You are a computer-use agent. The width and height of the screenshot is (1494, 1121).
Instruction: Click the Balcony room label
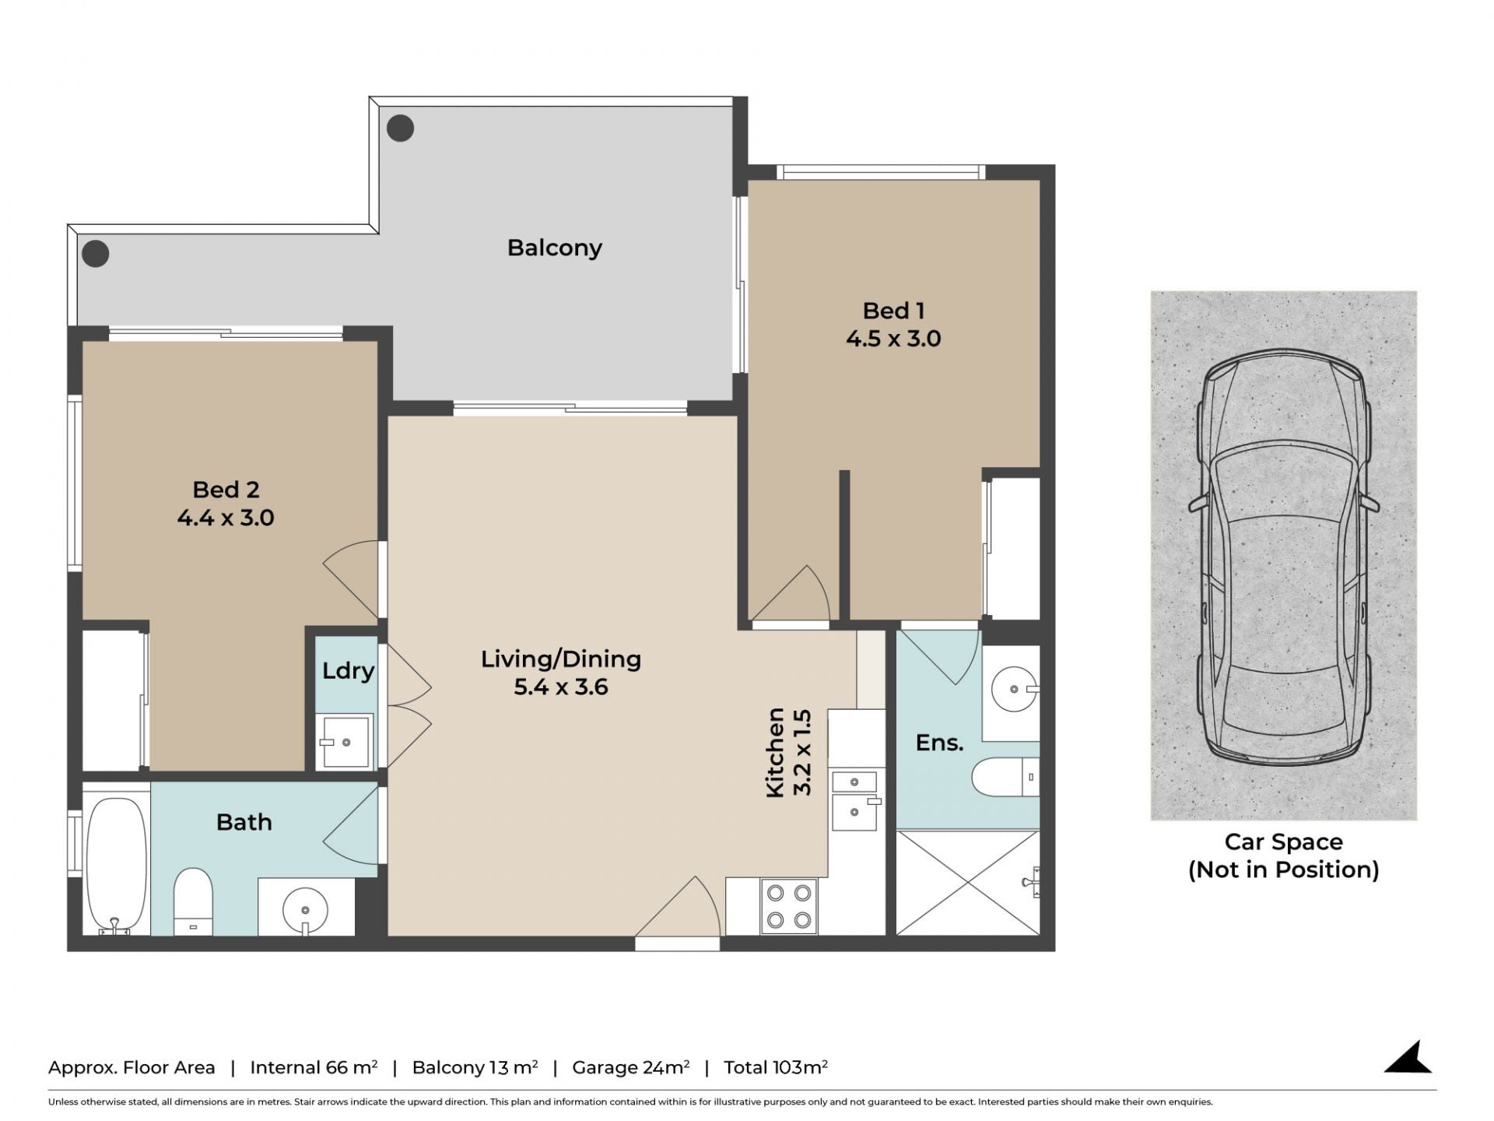click(x=555, y=248)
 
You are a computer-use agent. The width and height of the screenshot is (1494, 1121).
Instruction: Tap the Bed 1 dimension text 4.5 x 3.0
click(x=893, y=339)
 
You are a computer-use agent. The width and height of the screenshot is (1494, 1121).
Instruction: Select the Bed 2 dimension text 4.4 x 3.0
click(x=226, y=518)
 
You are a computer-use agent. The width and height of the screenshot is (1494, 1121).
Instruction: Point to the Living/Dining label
click(x=561, y=659)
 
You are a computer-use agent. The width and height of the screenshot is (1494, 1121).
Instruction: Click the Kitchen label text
click(x=776, y=753)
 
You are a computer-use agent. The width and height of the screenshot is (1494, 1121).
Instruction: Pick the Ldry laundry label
click(x=348, y=670)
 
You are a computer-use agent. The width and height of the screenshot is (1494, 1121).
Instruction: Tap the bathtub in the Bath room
click(x=116, y=864)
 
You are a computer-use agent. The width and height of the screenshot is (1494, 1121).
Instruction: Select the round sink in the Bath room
click(x=305, y=908)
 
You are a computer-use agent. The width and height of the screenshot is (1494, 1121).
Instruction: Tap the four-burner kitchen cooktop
click(x=789, y=906)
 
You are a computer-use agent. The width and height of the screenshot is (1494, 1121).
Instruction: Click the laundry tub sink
click(x=346, y=742)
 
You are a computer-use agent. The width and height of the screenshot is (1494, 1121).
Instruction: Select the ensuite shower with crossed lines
click(x=968, y=882)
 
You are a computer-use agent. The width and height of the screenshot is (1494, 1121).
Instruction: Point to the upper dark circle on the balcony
click(x=401, y=128)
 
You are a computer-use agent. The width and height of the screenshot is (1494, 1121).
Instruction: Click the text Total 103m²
click(x=776, y=1067)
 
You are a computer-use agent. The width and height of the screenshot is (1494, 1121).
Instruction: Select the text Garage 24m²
click(x=631, y=1067)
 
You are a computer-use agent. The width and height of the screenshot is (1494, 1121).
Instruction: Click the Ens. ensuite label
click(x=939, y=743)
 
